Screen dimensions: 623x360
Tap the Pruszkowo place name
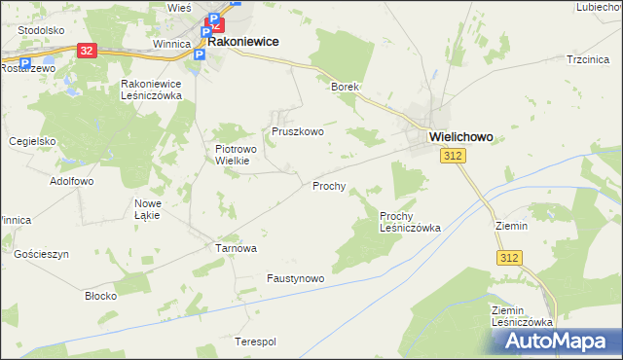(297, 130)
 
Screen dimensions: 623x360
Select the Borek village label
(345, 87)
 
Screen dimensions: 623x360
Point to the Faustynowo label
(295, 278)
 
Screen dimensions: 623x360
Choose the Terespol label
(256, 342)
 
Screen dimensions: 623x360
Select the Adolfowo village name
(71, 181)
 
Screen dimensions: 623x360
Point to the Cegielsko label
(32, 140)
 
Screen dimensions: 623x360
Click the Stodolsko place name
(40, 29)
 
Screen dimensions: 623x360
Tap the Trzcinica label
(587, 59)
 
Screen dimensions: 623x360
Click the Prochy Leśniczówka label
(410, 221)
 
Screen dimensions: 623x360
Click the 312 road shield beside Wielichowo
(452, 156)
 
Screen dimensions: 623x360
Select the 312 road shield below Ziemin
(508, 257)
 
